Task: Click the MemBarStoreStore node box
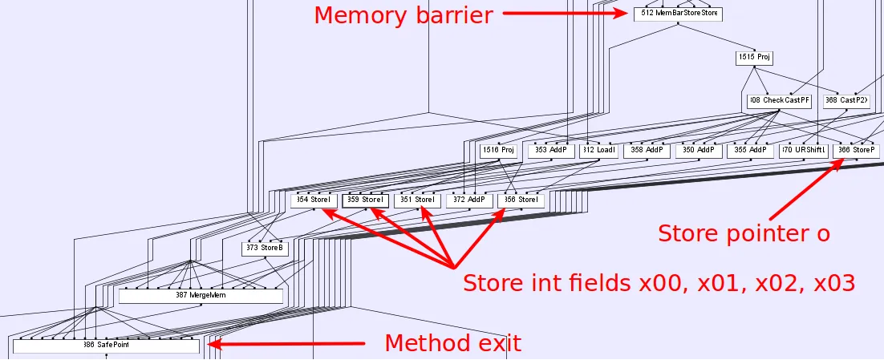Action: (x=679, y=14)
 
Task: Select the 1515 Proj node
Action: (x=753, y=58)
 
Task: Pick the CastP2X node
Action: (x=845, y=101)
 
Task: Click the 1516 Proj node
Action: (x=498, y=150)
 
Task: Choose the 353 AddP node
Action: (x=551, y=150)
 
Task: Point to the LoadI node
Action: (x=599, y=150)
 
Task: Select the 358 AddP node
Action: (x=647, y=150)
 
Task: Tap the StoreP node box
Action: (x=854, y=150)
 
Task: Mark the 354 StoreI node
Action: (x=313, y=200)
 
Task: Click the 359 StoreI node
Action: (x=366, y=200)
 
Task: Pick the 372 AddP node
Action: (x=469, y=200)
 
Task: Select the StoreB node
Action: (x=265, y=249)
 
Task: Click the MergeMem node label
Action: (x=201, y=296)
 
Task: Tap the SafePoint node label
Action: (x=106, y=346)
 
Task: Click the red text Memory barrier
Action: (x=403, y=15)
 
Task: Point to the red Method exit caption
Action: (x=452, y=343)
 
